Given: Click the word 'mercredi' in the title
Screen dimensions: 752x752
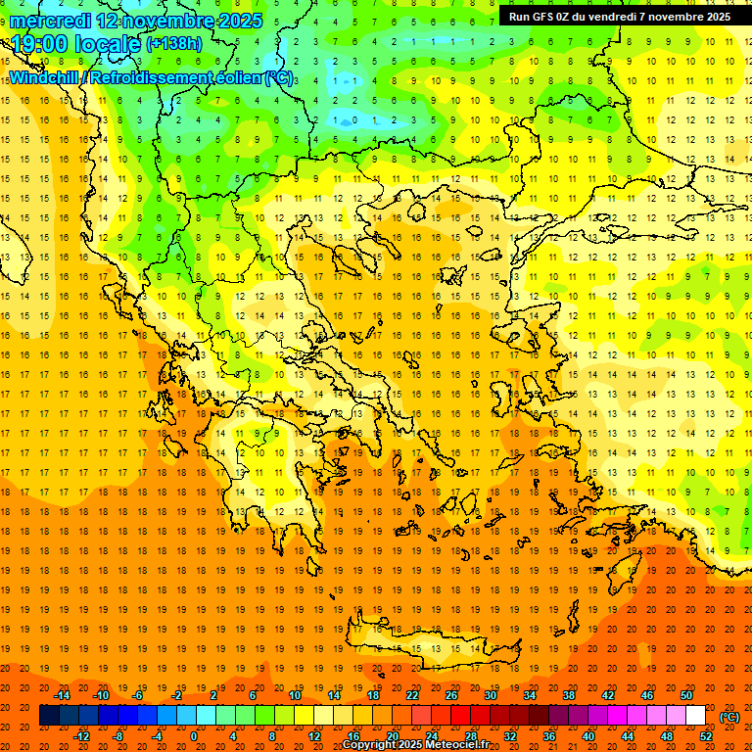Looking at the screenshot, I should [51, 21].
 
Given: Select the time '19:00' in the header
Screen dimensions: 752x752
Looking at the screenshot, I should [43, 44].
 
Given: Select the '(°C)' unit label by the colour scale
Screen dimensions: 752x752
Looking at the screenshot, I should [729, 717].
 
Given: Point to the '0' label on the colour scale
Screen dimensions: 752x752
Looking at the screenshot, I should [194, 736].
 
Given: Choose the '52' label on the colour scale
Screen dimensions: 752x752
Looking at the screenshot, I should [706, 736].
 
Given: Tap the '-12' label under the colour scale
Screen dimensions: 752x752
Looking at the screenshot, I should [81, 736].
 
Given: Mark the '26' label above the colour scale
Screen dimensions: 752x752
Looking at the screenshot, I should [450, 695].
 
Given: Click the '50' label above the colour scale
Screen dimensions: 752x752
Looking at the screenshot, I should [685, 695].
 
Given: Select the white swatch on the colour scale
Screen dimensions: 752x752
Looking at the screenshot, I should [696, 716].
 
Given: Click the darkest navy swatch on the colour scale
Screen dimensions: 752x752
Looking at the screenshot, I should [49, 716].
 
